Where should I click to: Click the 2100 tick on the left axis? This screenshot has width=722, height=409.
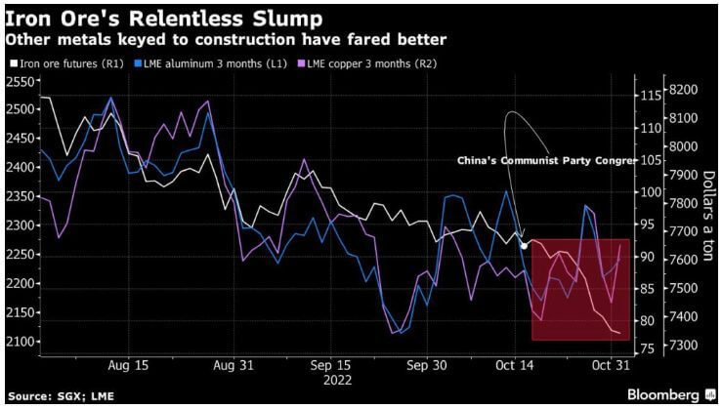click(x=18, y=342)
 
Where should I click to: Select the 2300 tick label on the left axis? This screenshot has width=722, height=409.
click(x=18, y=225)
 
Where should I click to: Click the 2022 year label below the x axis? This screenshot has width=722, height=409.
click(x=338, y=380)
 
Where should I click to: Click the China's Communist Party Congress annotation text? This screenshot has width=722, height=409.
click(x=560, y=160)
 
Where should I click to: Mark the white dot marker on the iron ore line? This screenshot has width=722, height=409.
click(x=525, y=245)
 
